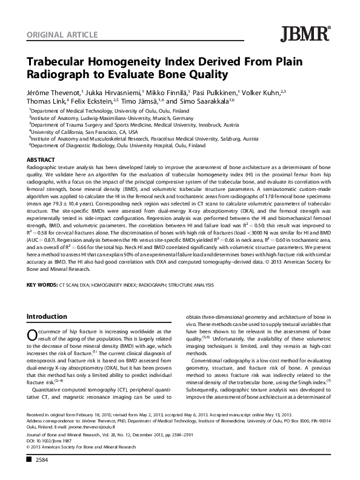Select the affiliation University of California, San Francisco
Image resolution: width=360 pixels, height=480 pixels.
coord(84,131)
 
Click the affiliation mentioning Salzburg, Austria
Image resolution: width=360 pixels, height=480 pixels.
coord(145,138)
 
